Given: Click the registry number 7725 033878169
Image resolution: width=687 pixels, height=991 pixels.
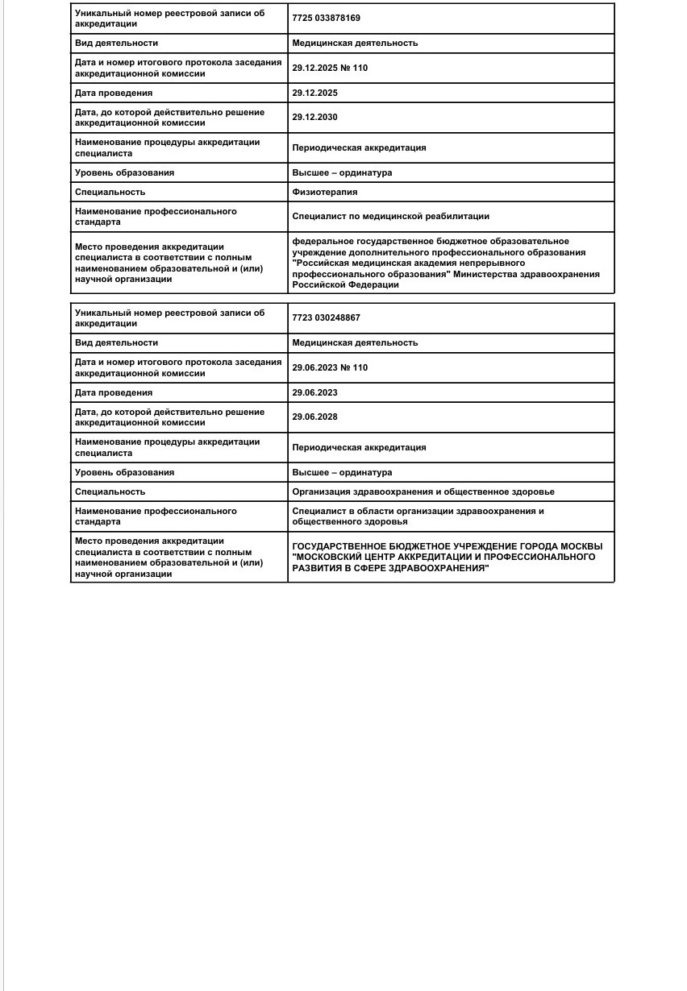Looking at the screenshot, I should tap(326, 18).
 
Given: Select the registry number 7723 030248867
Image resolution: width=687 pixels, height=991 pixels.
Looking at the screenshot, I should tap(326, 317).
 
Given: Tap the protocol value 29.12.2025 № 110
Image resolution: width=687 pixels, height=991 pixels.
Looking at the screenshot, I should tap(330, 68).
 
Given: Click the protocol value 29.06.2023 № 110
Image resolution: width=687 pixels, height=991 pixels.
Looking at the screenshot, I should tap(330, 367).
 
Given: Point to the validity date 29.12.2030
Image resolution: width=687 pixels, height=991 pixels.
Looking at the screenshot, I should tap(314, 117).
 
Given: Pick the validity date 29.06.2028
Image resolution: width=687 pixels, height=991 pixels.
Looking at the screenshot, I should tap(314, 417).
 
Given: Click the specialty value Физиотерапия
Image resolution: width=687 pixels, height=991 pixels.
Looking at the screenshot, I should tap(325, 192).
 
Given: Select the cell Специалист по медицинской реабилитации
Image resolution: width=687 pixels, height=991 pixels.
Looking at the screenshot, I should tap(390, 216).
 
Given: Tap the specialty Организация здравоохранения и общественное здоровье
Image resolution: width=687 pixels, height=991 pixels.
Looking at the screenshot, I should tap(423, 491).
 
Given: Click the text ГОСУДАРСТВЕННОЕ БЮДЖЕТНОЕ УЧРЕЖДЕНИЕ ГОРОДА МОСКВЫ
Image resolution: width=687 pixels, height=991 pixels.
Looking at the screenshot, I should tap(447, 546).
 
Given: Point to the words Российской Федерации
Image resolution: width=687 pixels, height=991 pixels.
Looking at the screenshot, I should tap(345, 284).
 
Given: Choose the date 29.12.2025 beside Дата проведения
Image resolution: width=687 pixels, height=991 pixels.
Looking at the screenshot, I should tap(314, 93).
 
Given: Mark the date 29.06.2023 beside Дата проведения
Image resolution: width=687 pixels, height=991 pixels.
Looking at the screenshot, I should tap(314, 392).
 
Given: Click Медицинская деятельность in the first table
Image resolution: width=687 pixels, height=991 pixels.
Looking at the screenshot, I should tap(355, 43).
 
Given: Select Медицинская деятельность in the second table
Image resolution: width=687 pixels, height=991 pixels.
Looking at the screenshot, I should tap(355, 342).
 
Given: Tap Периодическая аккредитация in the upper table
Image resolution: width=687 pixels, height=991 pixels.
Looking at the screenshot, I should tap(359, 147).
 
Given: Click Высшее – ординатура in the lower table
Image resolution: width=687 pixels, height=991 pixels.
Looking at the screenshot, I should tap(342, 472).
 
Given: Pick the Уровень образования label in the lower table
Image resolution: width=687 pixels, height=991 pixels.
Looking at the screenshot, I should tap(124, 472).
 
